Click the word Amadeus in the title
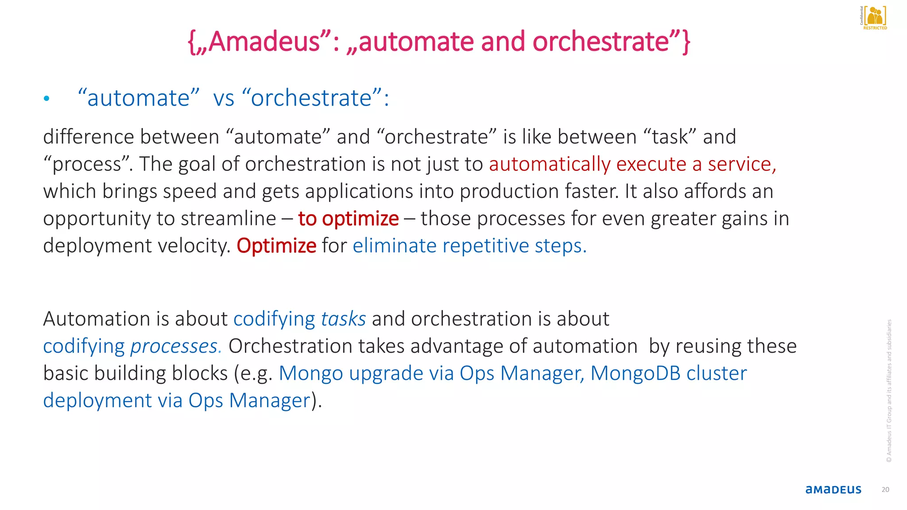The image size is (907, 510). [x=264, y=42]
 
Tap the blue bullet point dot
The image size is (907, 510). [x=47, y=99]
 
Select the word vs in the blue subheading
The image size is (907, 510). [x=224, y=98]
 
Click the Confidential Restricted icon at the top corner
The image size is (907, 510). [x=874, y=18]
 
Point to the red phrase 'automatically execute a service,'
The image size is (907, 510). [x=632, y=164]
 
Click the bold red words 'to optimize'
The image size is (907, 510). [x=348, y=219]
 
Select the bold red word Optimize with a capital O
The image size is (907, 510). [x=276, y=246]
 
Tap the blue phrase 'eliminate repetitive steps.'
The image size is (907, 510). [x=469, y=246]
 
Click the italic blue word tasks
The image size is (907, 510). [x=343, y=319]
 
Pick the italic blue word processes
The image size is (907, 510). [x=174, y=346]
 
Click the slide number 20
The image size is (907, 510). [x=885, y=490]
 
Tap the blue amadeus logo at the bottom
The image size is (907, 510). [x=833, y=490]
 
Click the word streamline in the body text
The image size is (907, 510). [x=228, y=219]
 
